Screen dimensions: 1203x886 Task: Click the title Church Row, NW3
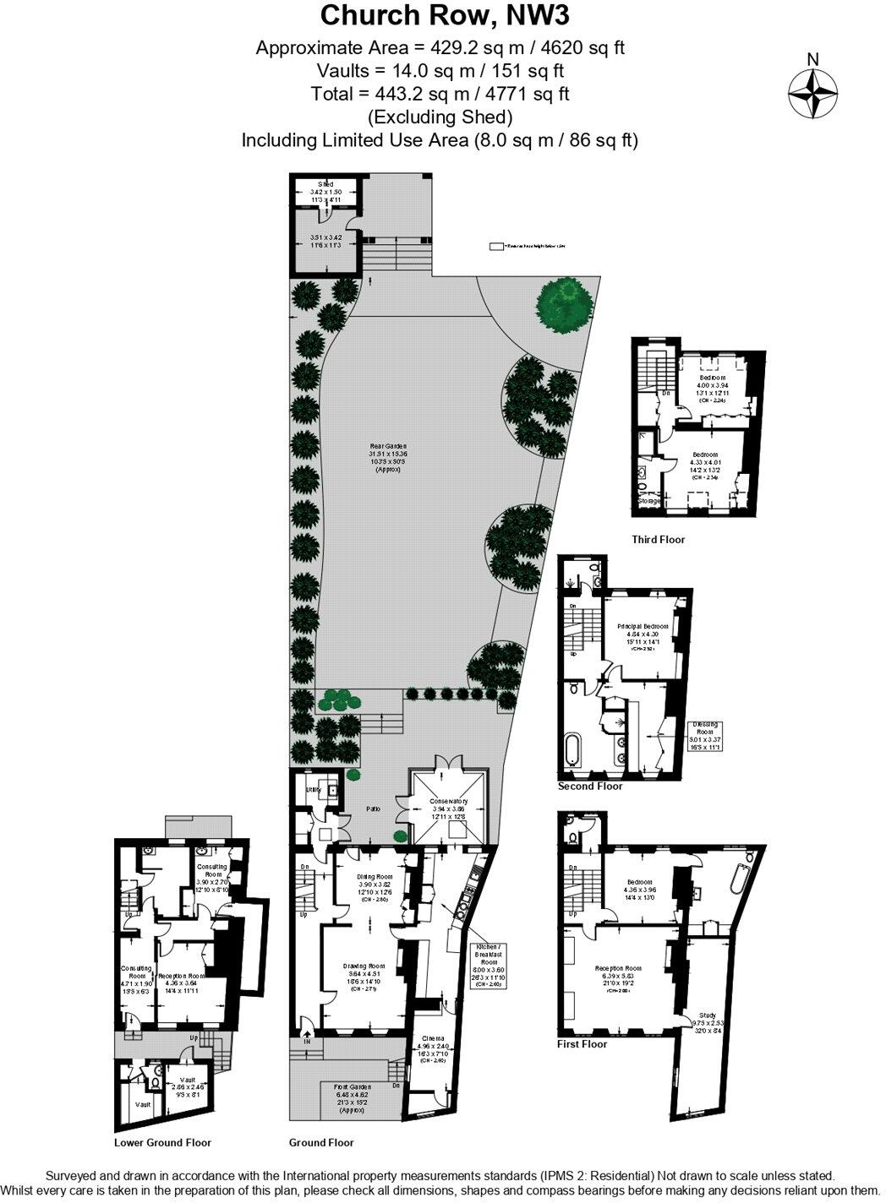[440, 15]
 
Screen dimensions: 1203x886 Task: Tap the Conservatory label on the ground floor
[448, 801]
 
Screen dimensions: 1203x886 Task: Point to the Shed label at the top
[325, 184]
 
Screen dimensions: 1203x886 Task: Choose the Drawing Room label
[364, 966]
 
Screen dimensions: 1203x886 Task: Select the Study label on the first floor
[708, 1015]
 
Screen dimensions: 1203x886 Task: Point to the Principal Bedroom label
[643, 626]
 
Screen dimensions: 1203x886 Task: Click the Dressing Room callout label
[705, 725]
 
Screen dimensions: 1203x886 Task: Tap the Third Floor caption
[658, 539]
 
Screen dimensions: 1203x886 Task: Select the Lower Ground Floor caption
[162, 1142]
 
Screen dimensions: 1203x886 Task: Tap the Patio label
[373, 808]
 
